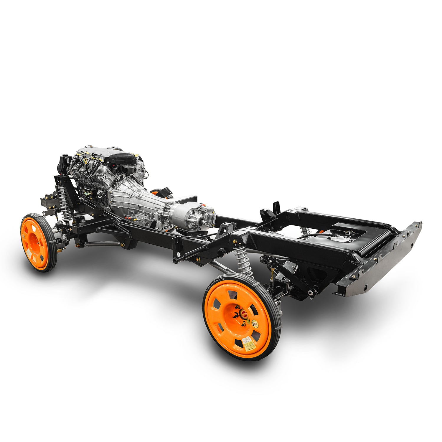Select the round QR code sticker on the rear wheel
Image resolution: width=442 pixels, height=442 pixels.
255,323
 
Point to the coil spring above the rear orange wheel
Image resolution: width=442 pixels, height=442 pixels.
243,261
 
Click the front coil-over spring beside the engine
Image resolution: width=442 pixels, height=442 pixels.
63,200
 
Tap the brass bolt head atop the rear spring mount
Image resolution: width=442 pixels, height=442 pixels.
235,242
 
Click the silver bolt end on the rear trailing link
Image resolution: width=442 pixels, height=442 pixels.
311,293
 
